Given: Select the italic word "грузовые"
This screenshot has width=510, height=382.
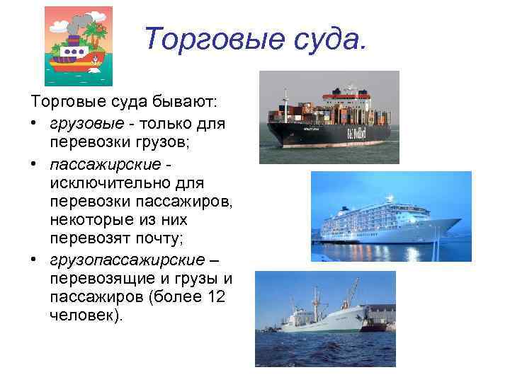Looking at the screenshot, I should tap(80, 123).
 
